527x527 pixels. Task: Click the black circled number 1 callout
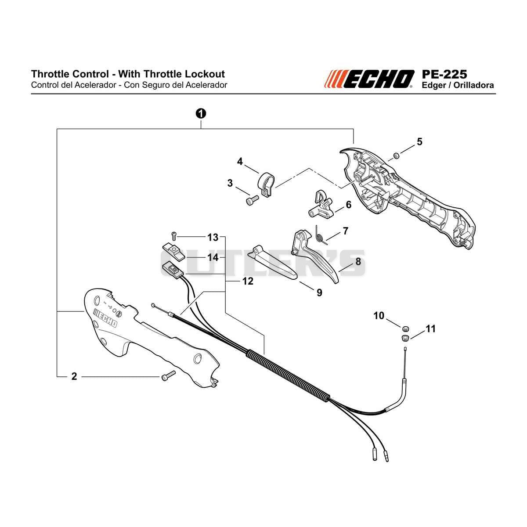201,113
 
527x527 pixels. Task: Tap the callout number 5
419,141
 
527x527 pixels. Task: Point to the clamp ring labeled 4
267,184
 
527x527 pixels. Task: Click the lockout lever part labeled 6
321,204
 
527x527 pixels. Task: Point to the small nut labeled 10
405,328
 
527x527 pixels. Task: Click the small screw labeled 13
173,235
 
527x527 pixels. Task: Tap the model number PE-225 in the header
444,74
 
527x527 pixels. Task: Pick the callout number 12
248,281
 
